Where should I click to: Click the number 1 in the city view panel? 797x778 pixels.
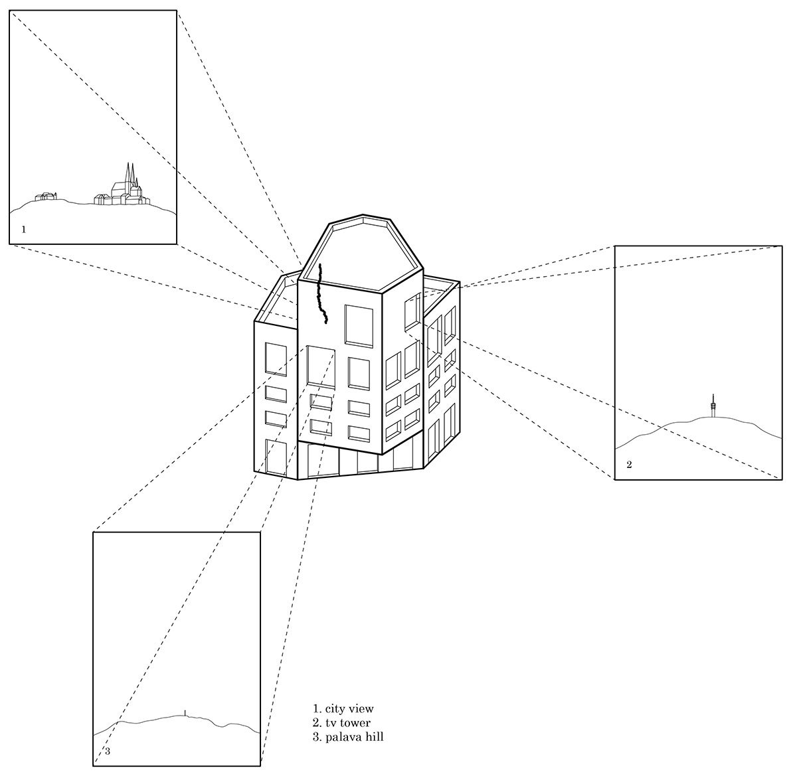(x=24, y=230)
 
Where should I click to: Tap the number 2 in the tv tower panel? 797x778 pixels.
(x=629, y=465)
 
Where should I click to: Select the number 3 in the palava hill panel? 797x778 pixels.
(x=108, y=751)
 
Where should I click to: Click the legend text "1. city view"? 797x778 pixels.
(x=343, y=709)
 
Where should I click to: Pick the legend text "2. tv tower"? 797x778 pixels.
(x=341, y=723)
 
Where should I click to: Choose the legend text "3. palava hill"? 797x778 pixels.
(x=348, y=737)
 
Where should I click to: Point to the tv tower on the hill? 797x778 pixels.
(x=713, y=406)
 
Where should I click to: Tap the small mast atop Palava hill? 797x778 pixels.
(x=185, y=712)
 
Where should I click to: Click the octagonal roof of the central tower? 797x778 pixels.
(x=362, y=252)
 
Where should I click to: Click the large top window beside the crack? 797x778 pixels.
(x=359, y=325)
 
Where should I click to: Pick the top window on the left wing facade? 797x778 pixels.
(x=276, y=359)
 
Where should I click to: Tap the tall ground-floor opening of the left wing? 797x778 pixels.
(x=275, y=456)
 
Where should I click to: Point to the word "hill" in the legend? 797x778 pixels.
(x=373, y=737)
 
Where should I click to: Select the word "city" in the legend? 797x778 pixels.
(x=337, y=709)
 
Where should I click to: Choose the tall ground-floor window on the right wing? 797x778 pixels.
(x=436, y=439)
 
